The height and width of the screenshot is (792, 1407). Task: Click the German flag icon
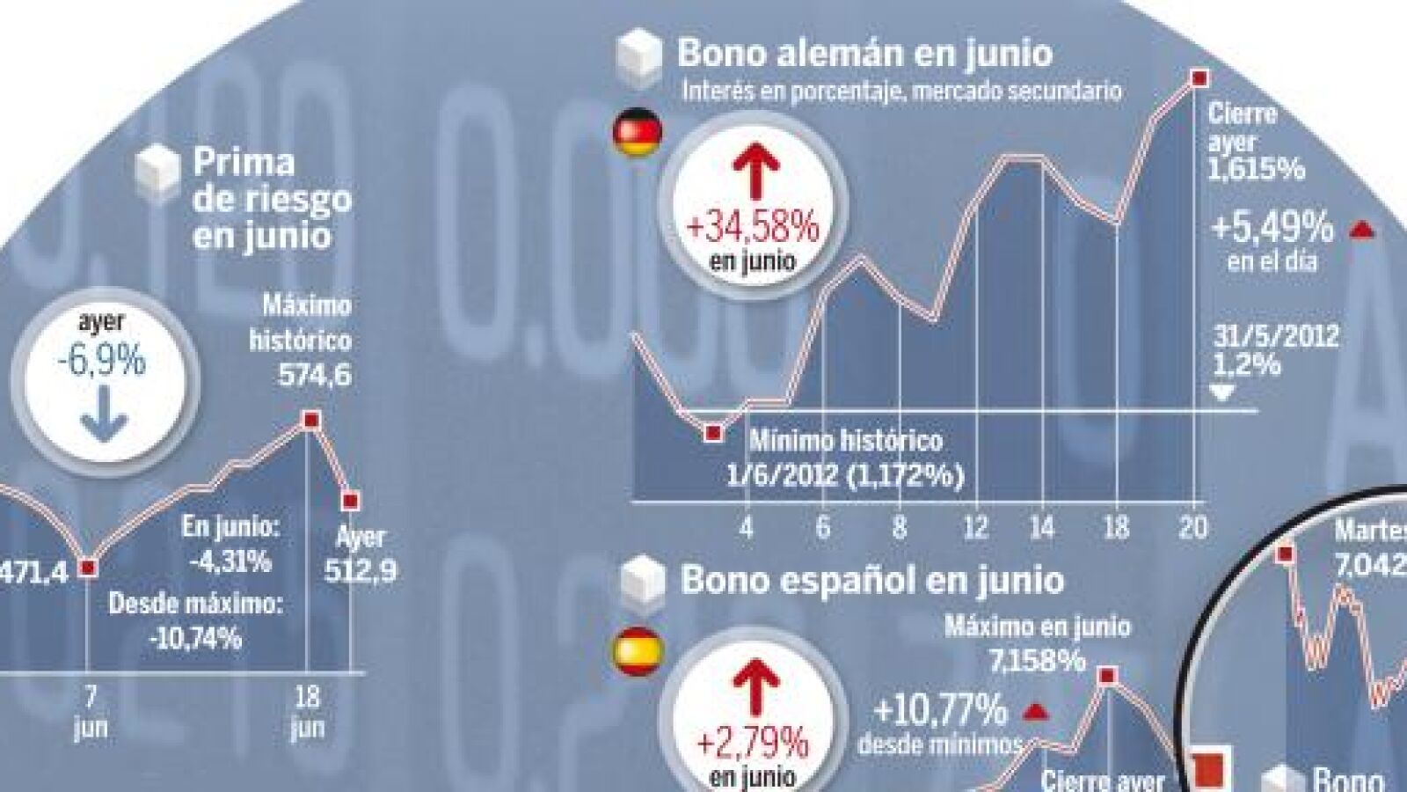tap(635, 133)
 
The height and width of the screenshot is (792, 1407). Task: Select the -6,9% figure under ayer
tap(101, 362)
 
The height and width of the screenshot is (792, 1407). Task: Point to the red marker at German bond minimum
tap(713, 432)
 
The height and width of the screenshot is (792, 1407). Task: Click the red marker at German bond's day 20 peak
tap(1198, 78)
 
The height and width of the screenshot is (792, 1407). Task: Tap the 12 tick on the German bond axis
tap(975, 527)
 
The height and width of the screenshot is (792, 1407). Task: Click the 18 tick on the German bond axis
tap(1116, 527)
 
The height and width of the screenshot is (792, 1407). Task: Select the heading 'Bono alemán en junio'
tap(864, 53)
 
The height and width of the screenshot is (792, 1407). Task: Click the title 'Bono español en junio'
tap(871, 580)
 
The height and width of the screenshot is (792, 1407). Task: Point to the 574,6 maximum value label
tap(315, 376)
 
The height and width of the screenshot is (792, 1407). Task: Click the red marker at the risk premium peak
tap(309, 421)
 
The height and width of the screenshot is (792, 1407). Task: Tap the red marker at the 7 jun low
tap(87, 568)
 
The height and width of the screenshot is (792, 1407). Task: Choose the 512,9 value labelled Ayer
tap(361, 571)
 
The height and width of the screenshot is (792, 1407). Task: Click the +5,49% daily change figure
tap(1272, 229)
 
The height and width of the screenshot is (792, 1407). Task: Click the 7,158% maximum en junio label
tap(1038, 660)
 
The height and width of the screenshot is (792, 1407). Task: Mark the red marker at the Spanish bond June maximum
tap(1108, 676)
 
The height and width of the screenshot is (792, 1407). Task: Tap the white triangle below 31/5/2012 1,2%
tap(1222, 393)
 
